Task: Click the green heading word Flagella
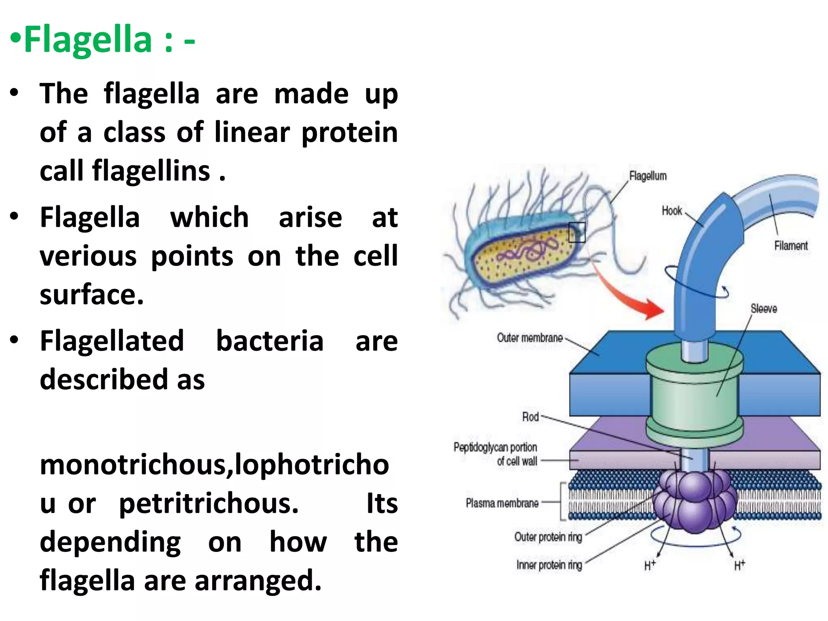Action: (x=88, y=40)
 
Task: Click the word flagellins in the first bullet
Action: (x=151, y=171)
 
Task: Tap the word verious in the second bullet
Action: (x=88, y=256)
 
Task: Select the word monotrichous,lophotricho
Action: (x=214, y=465)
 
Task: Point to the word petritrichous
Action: (x=209, y=504)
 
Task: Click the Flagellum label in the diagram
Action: (x=648, y=176)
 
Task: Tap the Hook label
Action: (x=672, y=211)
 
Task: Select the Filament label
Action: (x=790, y=246)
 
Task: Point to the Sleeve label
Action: (x=764, y=309)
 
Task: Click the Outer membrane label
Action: (x=529, y=338)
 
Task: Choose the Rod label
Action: (x=530, y=417)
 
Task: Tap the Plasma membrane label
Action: (x=502, y=503)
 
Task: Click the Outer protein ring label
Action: (x=548, y=537)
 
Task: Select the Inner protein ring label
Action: (x=549, y=565)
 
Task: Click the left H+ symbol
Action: (x=650, y=565)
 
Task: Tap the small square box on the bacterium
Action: (x=577, y=232)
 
